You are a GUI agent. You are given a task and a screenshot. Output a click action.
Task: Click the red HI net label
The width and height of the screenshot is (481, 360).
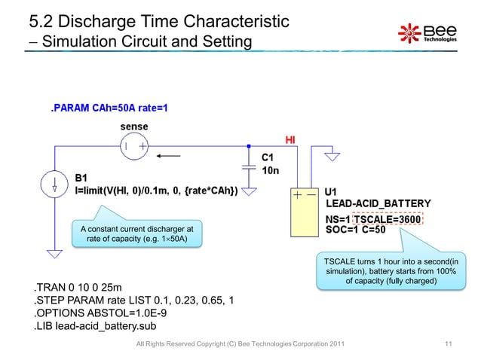tap(290, 140)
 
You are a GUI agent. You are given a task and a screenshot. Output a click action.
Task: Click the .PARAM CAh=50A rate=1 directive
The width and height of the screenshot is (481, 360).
tap(109, 108)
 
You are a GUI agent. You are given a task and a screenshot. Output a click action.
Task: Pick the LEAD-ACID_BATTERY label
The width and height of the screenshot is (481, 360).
tap(378, 203)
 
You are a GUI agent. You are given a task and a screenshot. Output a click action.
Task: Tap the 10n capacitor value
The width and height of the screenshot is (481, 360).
tap(269, 172)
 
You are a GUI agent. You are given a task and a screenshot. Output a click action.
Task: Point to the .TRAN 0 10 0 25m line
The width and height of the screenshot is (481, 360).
tap(76, 287)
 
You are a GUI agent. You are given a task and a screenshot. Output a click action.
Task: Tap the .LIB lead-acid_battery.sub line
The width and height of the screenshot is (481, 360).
tap(100, 328)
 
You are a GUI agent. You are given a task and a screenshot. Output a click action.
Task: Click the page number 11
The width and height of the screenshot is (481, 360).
tap(449, 345)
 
